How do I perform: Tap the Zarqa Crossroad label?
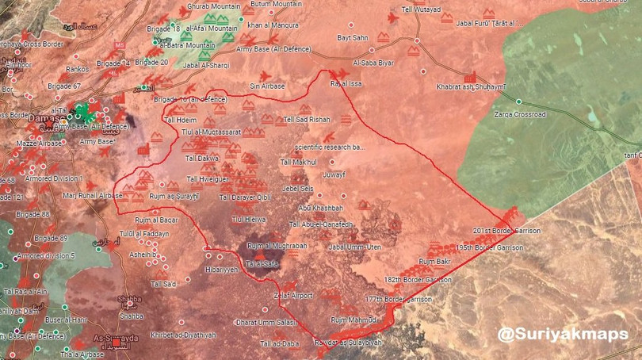[520, 114]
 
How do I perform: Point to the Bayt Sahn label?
[353, 37]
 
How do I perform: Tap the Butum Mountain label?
[273, 5]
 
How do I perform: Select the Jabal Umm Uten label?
[354, 247]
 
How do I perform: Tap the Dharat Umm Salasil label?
[266, 322]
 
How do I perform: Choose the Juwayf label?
[334, 174]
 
